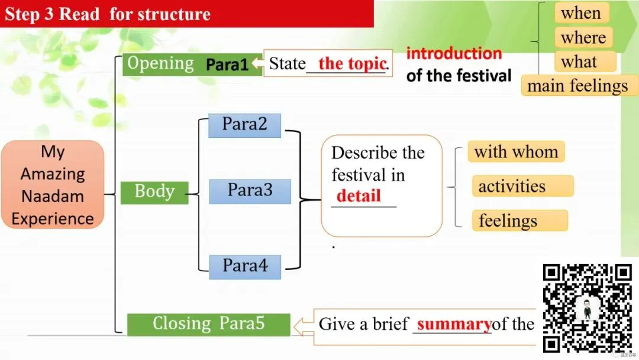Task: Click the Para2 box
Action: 244,126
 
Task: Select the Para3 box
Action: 250,191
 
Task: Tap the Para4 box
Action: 245,266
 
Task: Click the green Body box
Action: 154,192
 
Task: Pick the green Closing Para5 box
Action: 208,324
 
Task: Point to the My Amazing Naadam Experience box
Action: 53,185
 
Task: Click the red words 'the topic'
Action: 352,64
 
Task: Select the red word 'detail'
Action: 359,196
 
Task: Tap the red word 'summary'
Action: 454,324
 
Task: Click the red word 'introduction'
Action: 454,53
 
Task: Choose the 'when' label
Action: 580,13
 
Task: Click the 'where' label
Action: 583,38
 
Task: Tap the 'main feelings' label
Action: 577,86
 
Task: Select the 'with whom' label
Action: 516,152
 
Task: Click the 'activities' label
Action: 512,187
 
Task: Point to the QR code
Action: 588,308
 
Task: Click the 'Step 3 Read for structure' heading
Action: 108,14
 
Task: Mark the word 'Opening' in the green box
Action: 161,63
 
